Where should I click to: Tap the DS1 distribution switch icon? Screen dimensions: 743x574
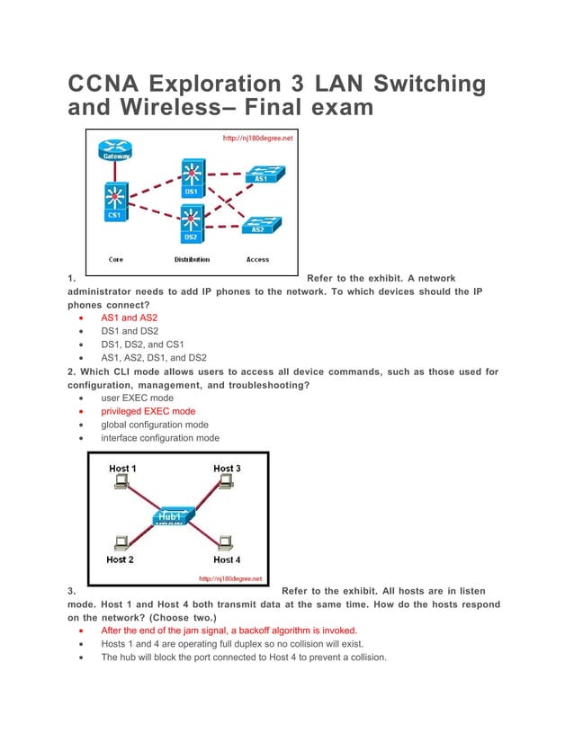click(x=191, y=175)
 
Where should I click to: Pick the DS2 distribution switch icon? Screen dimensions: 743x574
click(x=191, y=220)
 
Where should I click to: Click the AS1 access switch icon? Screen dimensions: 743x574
click(x=263, y=174)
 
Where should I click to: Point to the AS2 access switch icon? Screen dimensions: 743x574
click(x=259, y=223)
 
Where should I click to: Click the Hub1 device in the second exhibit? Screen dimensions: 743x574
click(x=171, y=515)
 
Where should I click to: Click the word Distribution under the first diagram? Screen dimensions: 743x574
click(x=192, y=260)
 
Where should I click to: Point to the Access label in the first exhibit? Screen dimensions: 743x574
click(x=257, y=260)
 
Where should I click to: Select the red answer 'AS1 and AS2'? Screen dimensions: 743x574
click(x=130, y=318)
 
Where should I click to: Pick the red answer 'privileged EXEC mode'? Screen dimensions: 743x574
click(x=148, y=411)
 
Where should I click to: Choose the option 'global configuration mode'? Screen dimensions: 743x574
click(x=154, y=425)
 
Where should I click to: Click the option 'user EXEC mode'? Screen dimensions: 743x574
click(x=137, y=398)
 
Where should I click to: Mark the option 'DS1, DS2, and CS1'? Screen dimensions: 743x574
click(x=142, y=344)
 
